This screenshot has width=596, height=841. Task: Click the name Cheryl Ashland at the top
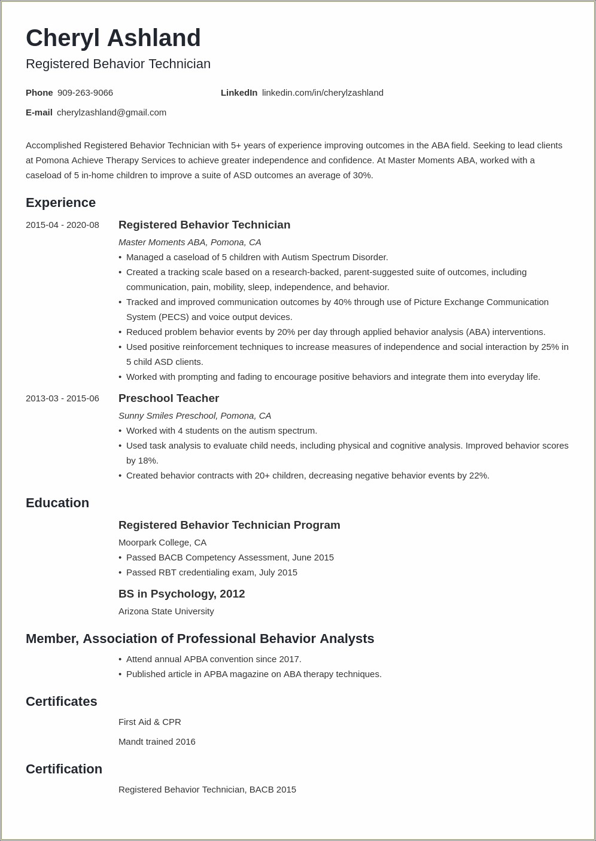click(113, 38)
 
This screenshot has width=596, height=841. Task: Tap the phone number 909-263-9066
click(85, 93)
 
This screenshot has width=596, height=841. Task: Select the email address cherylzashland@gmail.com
click(111, 112)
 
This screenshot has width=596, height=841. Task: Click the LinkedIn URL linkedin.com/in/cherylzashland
click(323, 93)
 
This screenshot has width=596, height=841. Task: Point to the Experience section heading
click(60, 203)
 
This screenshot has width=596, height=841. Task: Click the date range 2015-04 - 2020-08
click(62, 225)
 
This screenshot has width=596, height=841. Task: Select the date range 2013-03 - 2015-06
click(62, 398)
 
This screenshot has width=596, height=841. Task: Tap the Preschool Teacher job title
click(169, 398)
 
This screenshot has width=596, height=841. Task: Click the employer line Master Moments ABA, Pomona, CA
click(190, 242)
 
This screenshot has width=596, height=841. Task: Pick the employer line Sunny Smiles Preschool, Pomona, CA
click(194, 416)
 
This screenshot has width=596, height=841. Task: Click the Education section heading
click(57, 503)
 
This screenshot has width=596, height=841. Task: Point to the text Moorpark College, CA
click(162, 543)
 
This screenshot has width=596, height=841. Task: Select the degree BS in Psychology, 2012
click(181, 594)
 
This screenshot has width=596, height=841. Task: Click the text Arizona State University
click(166, 611)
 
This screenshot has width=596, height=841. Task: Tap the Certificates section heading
click(61, 702)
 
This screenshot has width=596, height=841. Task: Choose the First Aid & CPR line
click(150, 722)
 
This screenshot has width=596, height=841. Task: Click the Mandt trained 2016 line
click(157, 742)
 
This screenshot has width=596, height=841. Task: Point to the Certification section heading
click(64, 769)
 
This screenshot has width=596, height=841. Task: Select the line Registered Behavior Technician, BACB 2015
click(207, 790)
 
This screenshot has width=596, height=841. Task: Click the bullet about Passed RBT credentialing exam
click(211, 572)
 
